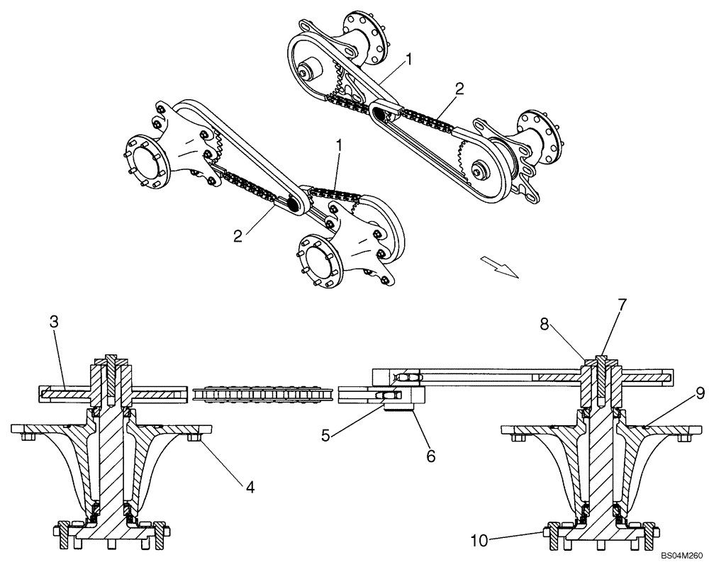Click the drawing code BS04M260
pos(680,558)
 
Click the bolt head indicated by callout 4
pos(193,440)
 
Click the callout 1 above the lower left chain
pos(340,145)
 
